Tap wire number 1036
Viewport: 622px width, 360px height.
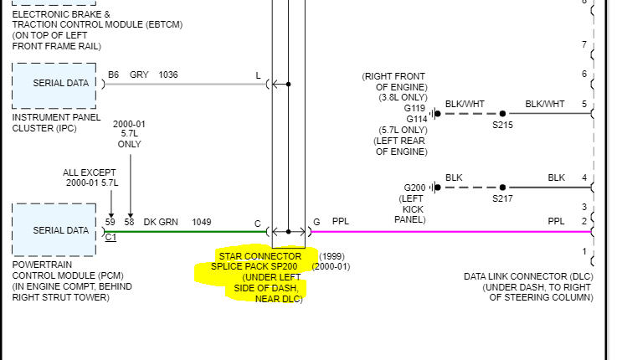(168, 75)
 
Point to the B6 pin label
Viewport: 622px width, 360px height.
(113, 75)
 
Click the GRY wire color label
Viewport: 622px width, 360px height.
(139, 75)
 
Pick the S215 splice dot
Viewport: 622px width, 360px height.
(502, 113)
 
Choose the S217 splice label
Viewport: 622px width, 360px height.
(502, 198)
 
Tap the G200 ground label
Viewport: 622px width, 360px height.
(415, 188)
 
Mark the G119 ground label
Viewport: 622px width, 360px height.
(415, 108)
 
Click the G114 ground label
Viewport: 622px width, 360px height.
(415, 119)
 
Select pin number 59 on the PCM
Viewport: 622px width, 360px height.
(111, 222)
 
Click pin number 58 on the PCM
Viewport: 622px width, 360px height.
(130, 222)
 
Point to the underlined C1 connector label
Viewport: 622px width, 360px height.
(111, 237)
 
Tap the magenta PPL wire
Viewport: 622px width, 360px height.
(444, 231)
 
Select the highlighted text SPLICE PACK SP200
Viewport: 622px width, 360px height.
(254, 266)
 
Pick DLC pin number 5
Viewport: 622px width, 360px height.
(584, 105)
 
